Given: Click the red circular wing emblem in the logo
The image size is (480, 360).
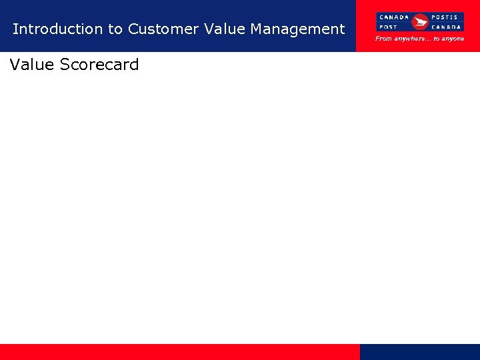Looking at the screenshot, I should tap(420, 22).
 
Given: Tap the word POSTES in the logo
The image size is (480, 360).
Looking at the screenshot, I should tap(445, 17).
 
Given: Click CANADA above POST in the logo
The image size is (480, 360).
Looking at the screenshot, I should tap(394, 17).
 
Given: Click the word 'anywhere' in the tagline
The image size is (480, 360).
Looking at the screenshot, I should tap(413, 39).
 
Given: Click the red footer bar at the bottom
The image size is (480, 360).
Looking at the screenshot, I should tap(180, 352).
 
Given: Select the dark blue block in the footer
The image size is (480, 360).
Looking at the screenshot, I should tap(420, 352).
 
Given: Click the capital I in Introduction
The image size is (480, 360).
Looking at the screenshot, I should tap(15, 29).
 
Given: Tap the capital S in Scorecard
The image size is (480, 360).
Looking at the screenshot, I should tap(65, 65).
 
